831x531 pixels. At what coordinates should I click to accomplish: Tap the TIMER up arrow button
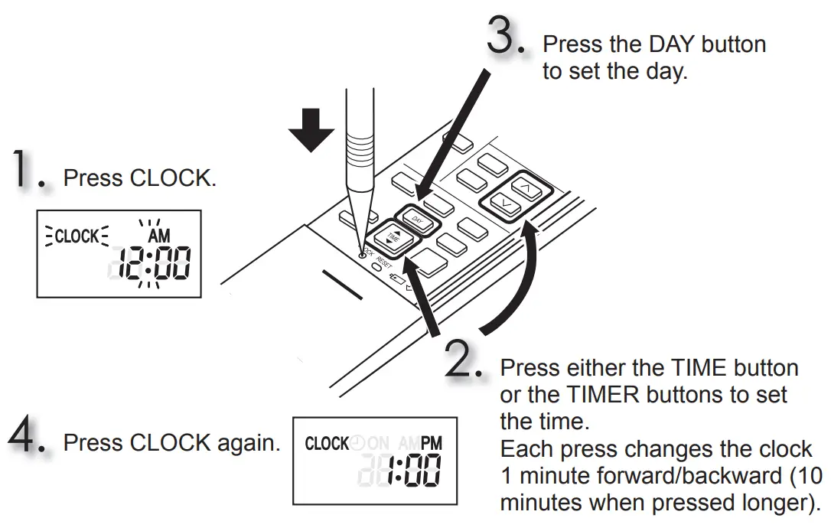click(524, 187)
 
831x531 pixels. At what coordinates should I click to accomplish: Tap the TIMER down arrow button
click(503, 204)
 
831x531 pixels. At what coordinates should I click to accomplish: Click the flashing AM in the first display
click(158, 236)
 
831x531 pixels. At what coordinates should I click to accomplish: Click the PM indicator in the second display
click(432, 444)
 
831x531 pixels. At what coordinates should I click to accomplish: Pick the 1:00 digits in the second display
click(413, 472)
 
